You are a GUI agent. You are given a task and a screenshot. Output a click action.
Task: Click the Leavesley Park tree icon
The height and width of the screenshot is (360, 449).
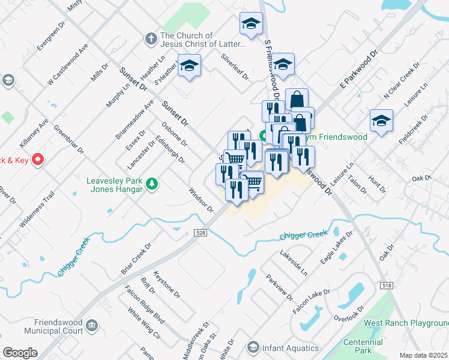(x=152, y=184)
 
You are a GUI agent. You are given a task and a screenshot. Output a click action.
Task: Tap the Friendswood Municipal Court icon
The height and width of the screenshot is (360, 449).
(x=92, y=326)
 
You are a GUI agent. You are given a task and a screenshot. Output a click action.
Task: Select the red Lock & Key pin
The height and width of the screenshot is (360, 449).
(x=37, y=160)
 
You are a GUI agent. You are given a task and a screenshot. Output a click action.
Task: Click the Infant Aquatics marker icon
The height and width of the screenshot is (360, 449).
(x=253, y=348)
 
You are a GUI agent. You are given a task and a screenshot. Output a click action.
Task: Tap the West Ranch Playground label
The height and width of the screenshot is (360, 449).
(x=406, y=323)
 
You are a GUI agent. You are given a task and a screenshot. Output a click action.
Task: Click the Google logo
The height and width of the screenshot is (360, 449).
(x=20, y=353)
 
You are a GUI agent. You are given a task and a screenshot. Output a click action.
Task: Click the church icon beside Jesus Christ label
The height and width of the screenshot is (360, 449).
(x=151, y=40)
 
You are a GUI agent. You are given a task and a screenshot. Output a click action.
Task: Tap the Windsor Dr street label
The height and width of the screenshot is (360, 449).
(x=201, y=200)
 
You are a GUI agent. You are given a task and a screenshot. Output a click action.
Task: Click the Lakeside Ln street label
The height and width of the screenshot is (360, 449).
(x=295, y=263)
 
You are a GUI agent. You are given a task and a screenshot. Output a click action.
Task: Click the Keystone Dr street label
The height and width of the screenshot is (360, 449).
(x=167, y=284)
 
